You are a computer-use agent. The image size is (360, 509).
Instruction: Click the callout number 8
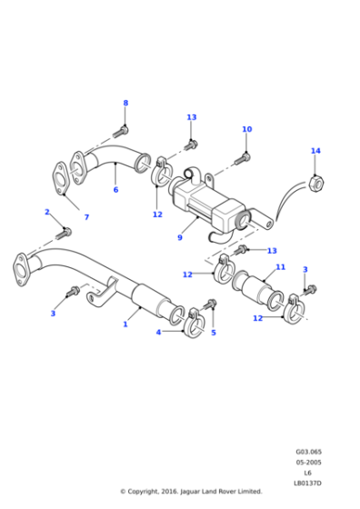[125, 103]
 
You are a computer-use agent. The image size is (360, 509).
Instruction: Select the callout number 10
[246, 129]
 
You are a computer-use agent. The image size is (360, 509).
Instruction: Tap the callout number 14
[315, 151]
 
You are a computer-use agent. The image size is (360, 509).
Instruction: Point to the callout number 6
[115, 190]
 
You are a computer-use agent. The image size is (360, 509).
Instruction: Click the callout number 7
[86, 217]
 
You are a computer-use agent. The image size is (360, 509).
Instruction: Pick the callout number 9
[180, 238]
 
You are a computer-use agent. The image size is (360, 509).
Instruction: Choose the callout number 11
[280, 267]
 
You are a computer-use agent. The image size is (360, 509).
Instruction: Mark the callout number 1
[125, 324]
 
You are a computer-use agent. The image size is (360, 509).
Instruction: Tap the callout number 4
[158, 333]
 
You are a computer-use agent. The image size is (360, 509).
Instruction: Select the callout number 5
[214, 333]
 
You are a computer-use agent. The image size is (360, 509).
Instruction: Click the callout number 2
[46, 212]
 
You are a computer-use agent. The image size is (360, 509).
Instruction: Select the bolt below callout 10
[243, 158]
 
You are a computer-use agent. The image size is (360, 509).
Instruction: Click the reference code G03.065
[307, 452]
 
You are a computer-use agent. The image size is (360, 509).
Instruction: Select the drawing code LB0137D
[307, 482]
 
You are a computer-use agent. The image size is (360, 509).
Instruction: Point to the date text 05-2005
[307, 462]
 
